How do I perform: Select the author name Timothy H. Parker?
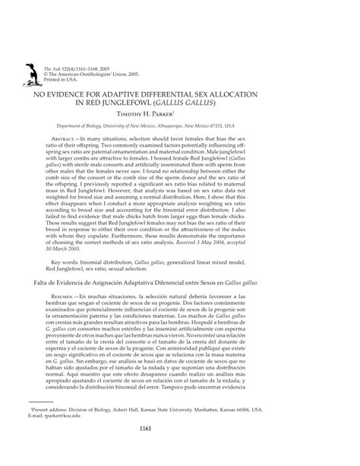tap(179, 113)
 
